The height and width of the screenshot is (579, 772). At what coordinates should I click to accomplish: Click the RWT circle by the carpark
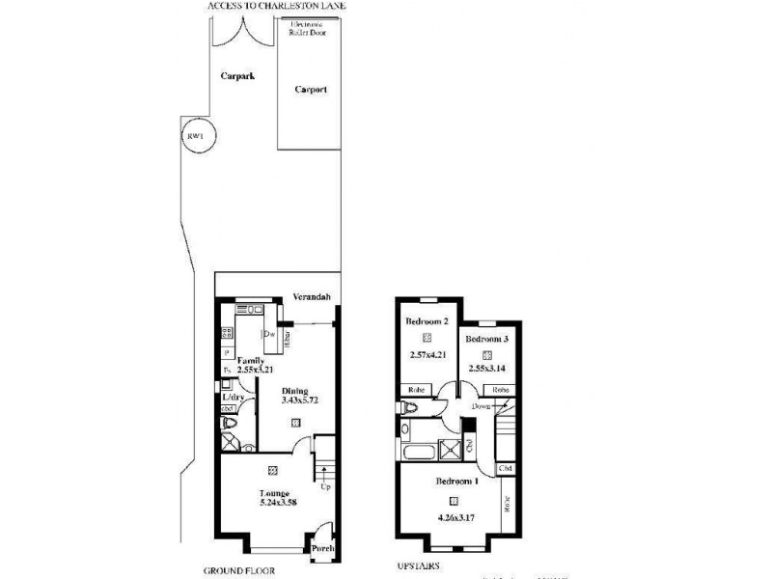point(197,137)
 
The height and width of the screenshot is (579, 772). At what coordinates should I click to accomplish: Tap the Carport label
point(310,90)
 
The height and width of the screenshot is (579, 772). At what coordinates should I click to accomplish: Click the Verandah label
point(314,297)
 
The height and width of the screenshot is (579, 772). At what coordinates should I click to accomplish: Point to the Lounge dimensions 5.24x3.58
point(271,503)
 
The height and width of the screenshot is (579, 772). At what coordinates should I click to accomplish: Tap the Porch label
point(321,548)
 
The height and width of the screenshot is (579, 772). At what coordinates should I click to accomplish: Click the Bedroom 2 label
point(427,320)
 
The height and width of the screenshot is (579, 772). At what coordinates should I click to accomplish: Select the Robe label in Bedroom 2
point(413,390)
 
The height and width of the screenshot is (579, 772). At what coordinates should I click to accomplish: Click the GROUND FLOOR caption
point(232,570)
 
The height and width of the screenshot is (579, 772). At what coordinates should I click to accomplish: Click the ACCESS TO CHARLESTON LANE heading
point(278,6)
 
